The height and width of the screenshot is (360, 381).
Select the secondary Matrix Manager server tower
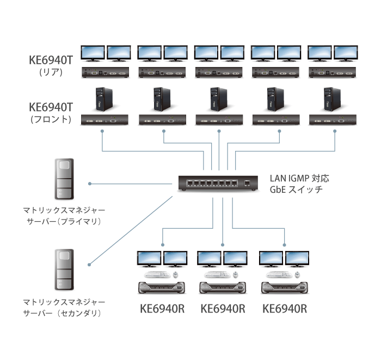point(64,269)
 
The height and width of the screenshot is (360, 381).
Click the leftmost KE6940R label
point(162,309)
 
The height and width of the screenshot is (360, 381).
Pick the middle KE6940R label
point(223,309)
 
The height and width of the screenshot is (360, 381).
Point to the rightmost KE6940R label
point(285,309)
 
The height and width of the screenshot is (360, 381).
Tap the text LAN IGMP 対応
point(299,178)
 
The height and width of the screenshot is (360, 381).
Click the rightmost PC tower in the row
point(329,100)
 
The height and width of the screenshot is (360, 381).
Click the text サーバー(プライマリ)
point(64,222)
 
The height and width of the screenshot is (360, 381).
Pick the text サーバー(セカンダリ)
point(64,314)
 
